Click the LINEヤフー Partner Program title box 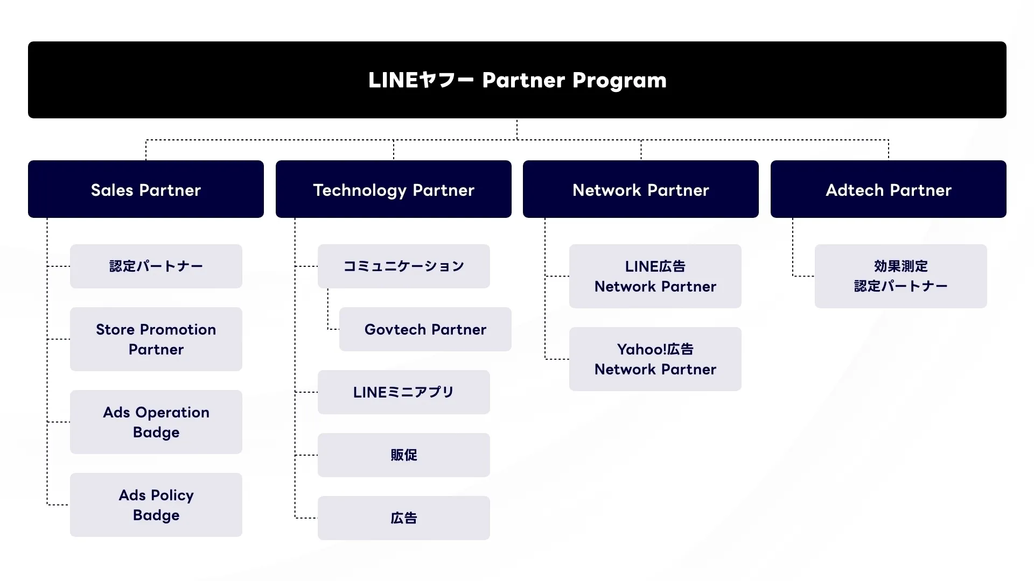click(517, 80)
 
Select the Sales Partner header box click(145, 189)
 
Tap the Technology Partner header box click(393, 189)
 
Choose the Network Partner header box click(640, 189)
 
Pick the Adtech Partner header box click(888, 189)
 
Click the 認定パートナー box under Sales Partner click(156, 266)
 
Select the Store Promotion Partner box click(156, 339)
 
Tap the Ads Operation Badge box click(156, 422)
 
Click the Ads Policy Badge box click(156, 505)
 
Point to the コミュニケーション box click(404, 266)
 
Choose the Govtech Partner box click(425, 329)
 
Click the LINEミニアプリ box click(404, 392)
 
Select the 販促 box click(404, 455)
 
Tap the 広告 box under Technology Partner click(404, 518)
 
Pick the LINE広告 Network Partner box click(655, 276)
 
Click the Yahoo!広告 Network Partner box click(655, 359)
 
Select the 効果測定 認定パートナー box click(900, 276)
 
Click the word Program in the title click(619, 81)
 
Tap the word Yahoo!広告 click(655, 349)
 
